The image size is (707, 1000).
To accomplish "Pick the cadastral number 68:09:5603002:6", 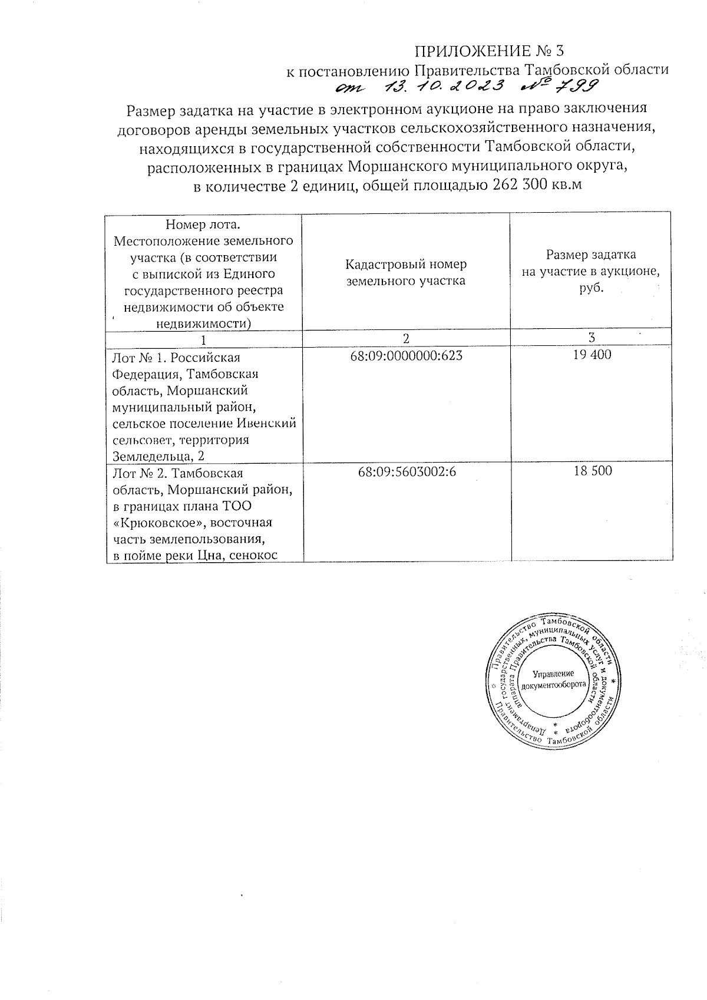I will coord(407,472).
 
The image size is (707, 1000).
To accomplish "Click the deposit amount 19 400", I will coord(592,355).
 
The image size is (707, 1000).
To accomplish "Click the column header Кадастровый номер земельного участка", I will coord(406,272).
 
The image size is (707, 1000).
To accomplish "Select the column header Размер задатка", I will coord(591,255).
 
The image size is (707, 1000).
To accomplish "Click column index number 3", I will coord(592,338).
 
